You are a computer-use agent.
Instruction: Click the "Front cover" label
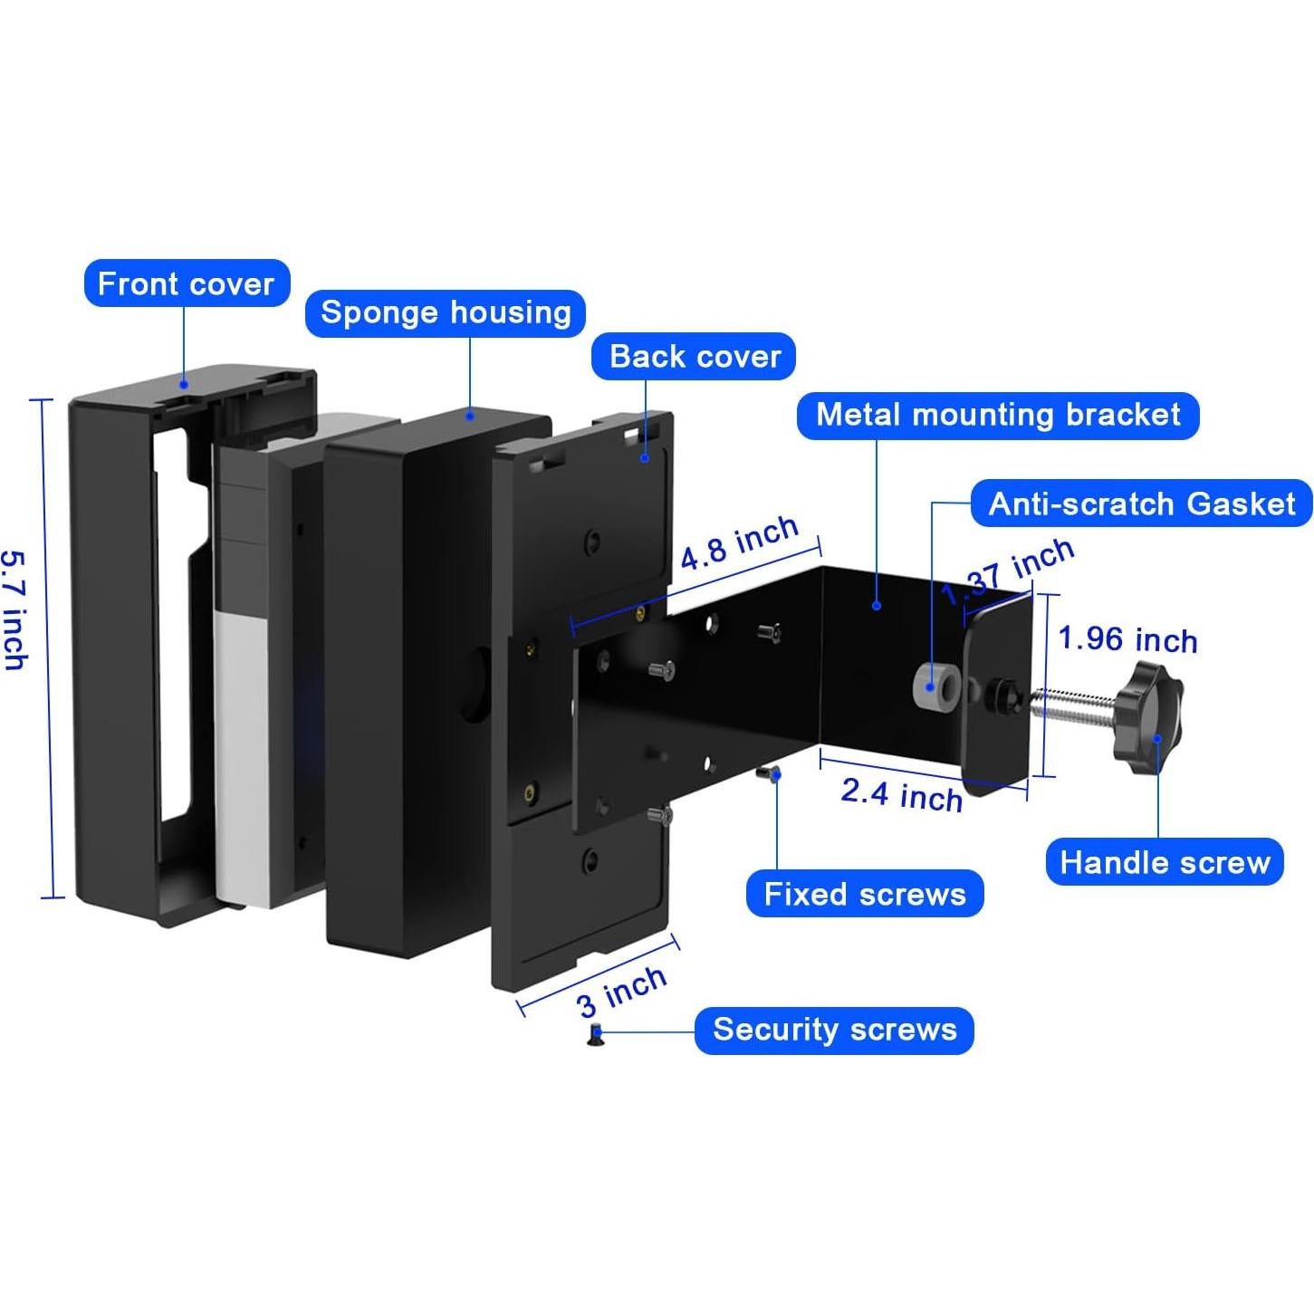pyautogui.click(x=187, y=283)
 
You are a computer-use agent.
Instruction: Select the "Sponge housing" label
pyautogui.click(x=446, y=313)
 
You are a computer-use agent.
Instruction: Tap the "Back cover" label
pyautogui.click(x=695, y=357)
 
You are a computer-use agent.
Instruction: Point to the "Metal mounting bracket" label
pyautogui.click(x=998, y=415)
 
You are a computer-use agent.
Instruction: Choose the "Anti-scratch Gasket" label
pyautogui.click(x=1141, y=504)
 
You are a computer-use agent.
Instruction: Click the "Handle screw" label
pyautogui.click(x=1165, y=863)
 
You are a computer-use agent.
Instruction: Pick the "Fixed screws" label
pyautogui.click(x=865, y=894)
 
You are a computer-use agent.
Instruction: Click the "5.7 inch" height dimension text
pyautogui.click(x=15, y=609)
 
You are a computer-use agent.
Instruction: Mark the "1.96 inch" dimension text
pyautogui.click(x=1127, y=639)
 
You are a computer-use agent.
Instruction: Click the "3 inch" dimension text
pyautogui.click(x=621, y=992)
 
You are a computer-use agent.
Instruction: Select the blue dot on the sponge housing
pyautogui.click(x=470, y=414)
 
